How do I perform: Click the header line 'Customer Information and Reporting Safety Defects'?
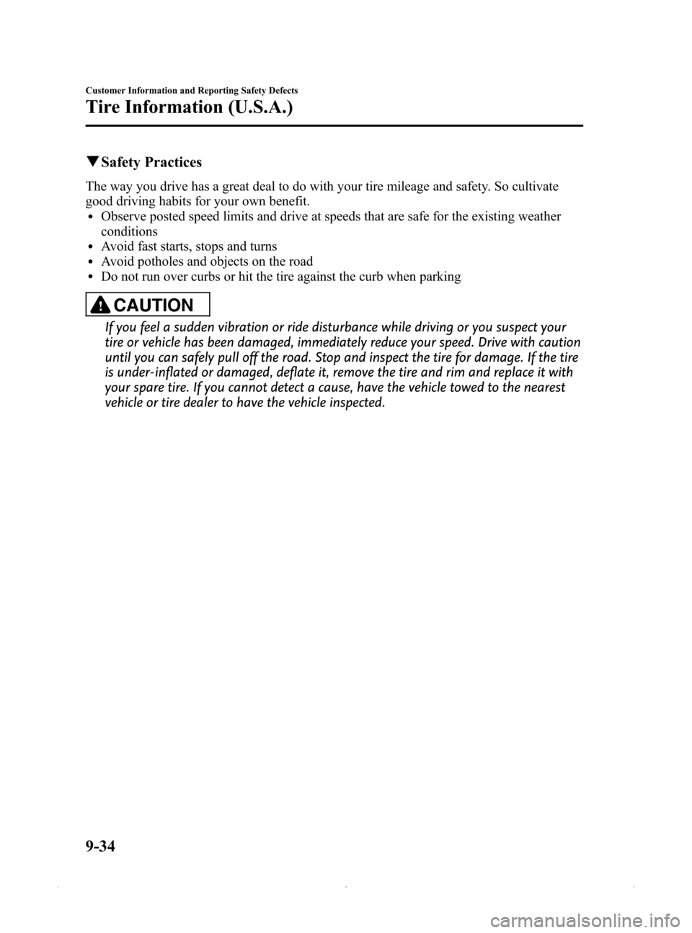pyautogui.click(x=192, y=91)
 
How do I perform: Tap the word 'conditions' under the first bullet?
pyautogui.click(x=129, y=231)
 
